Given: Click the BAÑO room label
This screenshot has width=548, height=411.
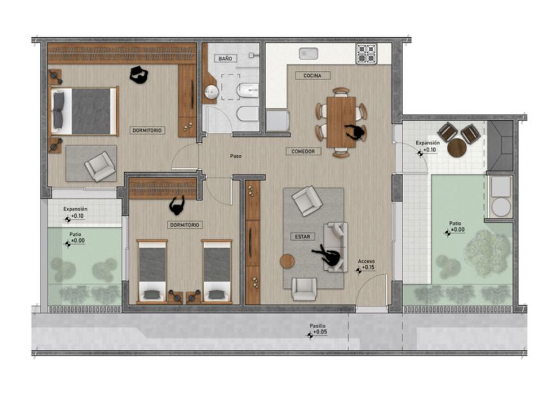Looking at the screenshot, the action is pos(226,58).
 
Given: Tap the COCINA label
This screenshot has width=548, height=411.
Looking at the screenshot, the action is pos(312,76).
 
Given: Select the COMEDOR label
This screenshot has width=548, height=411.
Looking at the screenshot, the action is pos(303,151).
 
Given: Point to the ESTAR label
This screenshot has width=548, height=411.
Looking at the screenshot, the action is pos(302,237).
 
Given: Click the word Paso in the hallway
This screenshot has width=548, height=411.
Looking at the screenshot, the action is pos(236,156).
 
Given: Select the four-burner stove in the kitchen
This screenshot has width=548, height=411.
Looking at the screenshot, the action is pos(366,53).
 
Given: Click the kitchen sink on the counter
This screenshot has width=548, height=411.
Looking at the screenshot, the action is pos(309,53).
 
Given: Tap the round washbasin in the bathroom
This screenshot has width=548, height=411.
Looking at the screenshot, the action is pos(211,92).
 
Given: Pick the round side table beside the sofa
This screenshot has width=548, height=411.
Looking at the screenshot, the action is pos(287,261).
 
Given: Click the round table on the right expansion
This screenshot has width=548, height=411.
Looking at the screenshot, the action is pos(457,148).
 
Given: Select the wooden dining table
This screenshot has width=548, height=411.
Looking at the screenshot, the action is pos(341,122).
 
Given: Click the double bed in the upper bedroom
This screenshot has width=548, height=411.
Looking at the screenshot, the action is pos(84,111).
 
